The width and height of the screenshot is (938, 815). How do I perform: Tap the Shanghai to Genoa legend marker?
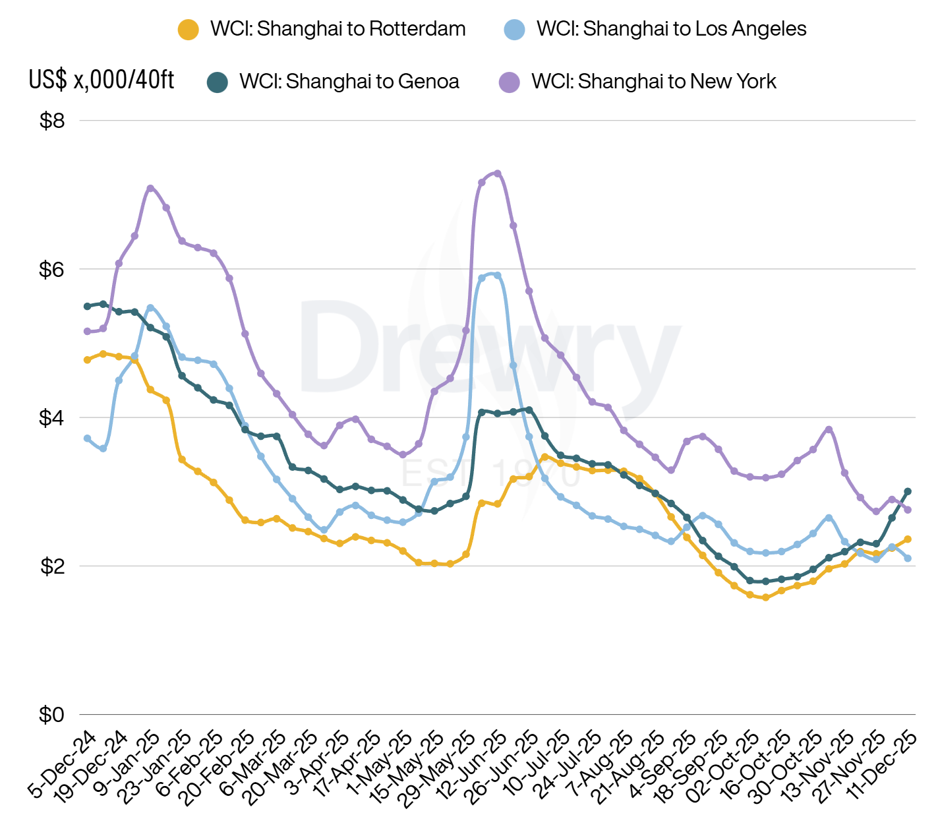pyautogui.click(x=217, y=82)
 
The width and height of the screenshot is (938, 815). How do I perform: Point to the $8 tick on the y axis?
pyautogui.click(x=52, y=121)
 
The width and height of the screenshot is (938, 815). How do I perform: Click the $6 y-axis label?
pyautogui.click(x=52, y=269)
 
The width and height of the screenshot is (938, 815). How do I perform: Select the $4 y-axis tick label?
pyautogui.click(x=52, y=417)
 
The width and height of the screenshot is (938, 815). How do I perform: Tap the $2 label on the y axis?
pyautogui.click(x=52, y=566)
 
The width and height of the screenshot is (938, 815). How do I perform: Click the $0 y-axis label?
pyautogui.click(x=52, y=714)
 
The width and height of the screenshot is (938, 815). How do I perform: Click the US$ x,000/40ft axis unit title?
pyautogui.click(x=102, y=80)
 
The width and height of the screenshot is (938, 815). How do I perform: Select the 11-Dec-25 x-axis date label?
pyautogui.click(x=882, y=765)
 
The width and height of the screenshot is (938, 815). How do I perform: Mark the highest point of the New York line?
pyautogui.click(x=498, y=173)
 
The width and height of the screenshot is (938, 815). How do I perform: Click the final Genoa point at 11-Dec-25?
pyautogui.click(x=908, y=491)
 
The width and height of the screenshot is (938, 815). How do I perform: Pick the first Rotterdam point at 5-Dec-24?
pyautogui.click(x=87, y=359)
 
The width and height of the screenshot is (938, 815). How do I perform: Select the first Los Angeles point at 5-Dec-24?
pyautogui.click(x=87, y=438)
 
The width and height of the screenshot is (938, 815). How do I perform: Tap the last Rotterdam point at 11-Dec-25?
pyautogui.click(x=908, y=539)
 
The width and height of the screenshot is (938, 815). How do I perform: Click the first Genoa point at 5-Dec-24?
pyautogui.click(x=87, y=306)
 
